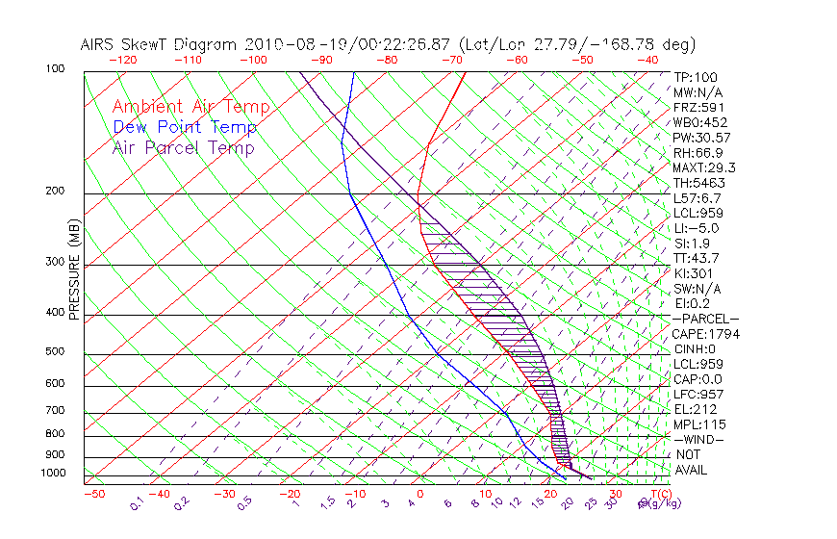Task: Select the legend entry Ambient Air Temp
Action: tap(191, 107)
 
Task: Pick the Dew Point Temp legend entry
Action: tap(185, 127)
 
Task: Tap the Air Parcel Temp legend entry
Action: tap(184, 147)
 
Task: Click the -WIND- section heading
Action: tap(699, 439)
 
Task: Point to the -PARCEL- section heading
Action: tap(705, 319)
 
